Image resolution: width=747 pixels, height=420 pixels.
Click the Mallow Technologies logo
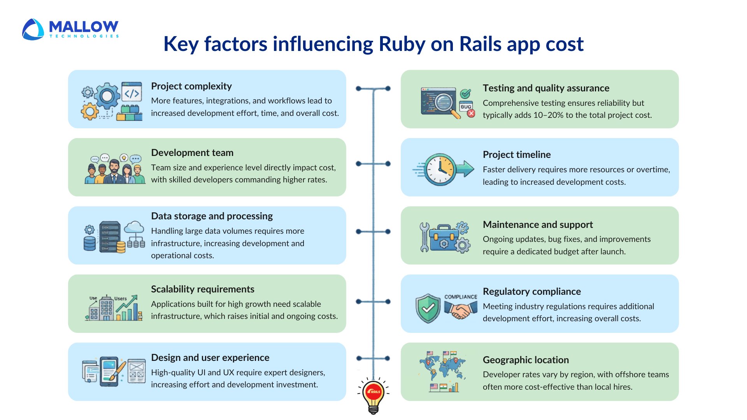(x=70, y=29)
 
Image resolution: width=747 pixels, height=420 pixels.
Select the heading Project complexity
(x=191, y=86)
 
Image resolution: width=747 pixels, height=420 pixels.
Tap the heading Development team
(x=192, y=153)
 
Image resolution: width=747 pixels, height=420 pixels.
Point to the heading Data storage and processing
(x=212, y=216)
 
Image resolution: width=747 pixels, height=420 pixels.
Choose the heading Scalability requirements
(x=202, y=289)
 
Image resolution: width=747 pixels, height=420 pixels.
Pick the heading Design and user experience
(x=210, y=358)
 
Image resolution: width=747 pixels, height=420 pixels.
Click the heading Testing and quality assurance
(x=546, y=88)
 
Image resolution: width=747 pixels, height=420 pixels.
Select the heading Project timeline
(x=516, y=155)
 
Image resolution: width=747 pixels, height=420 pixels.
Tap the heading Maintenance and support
(x=538, y=225)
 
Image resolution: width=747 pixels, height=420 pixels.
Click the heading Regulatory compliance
(x=531, y=292)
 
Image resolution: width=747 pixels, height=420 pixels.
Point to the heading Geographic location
(x=526, y=360)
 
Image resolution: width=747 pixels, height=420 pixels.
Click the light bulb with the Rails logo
(x=373, y=395)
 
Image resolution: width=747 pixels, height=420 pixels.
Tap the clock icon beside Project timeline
(x=440, y=170)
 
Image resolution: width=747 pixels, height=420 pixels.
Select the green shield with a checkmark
(x=428, y=308)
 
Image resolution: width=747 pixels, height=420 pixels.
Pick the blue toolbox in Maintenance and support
(x=444, y=238)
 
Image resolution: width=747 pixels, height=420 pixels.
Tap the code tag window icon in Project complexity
(x=132, y=92)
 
